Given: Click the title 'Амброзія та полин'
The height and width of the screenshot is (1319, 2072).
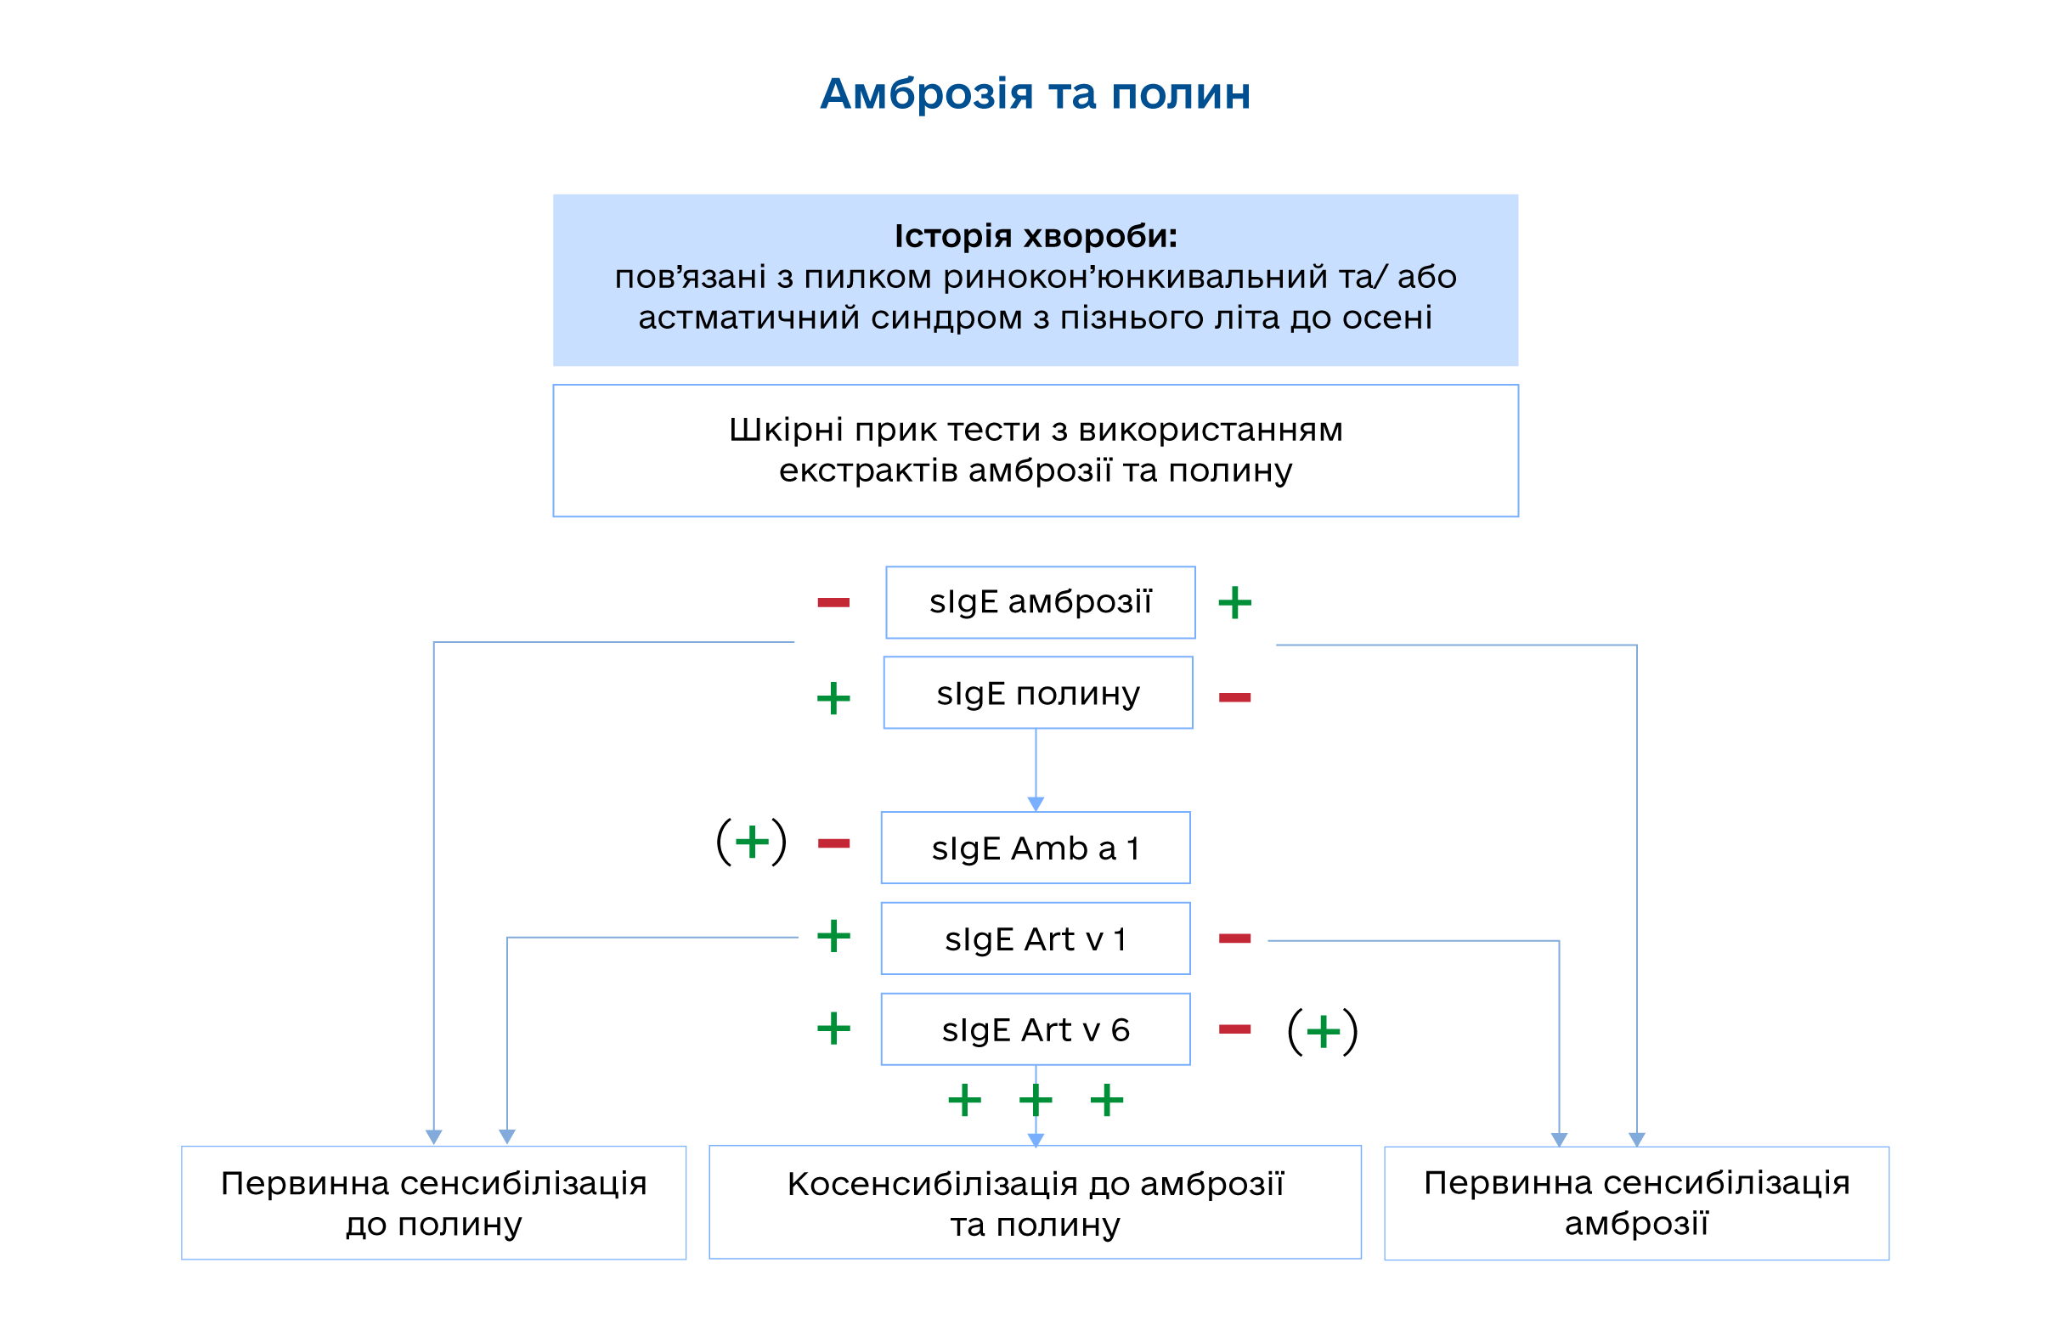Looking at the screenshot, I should [x=1035, y=93].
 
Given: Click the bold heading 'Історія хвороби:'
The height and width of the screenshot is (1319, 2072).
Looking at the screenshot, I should [x=1035, y=236].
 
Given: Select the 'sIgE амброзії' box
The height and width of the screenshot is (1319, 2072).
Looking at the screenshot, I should [x=1041, y=602].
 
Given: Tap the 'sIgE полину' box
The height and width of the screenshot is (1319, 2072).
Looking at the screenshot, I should [x=1038, y=694].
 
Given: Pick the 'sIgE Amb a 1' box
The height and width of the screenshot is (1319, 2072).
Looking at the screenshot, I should [x=1035, y=848].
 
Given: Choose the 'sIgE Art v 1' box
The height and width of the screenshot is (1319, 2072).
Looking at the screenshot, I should [x=1035, y=939].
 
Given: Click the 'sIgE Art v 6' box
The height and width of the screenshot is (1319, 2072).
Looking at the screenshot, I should [x=1035, y=1030].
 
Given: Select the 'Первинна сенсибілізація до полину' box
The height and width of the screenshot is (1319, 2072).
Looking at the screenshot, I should [x=433, y=1203].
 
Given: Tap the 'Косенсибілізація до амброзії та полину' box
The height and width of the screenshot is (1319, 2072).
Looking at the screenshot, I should [x=1035, y=1203].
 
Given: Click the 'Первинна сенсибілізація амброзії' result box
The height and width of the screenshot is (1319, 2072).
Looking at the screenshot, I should [x=1636, y=1203].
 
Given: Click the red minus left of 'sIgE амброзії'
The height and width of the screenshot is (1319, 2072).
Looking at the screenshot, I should [x=833, y=602].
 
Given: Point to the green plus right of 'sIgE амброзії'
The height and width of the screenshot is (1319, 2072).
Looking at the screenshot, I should [x=1234, y=602].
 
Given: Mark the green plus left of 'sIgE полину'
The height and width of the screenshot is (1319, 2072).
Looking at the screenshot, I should [x=833, y=699].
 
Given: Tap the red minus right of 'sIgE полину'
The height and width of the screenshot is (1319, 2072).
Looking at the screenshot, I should [x=1234, y=697].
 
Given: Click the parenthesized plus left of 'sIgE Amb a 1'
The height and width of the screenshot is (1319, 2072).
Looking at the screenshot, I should [x=752, y=842].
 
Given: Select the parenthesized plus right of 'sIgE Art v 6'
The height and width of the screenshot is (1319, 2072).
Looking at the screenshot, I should [x=1323, y=1032].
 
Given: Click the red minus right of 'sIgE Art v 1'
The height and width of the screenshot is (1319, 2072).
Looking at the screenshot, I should [x=1234, y=939].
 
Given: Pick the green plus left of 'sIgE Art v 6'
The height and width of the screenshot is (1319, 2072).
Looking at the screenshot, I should [x=833, y=1029].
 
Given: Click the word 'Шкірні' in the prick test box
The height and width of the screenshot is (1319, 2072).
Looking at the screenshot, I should [x=774, y=430].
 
